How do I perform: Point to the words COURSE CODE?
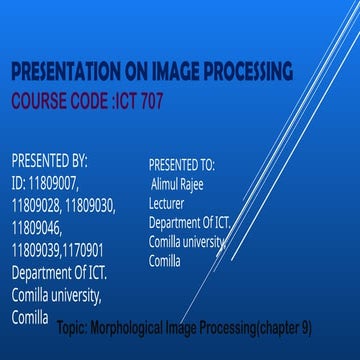[x=53, y=101]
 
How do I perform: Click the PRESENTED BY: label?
[x=49, y=161]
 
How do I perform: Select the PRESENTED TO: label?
[x=181, y=164]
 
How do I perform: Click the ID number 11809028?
[x=37, y=207]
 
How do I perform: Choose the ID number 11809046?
[x=38, y=229]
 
